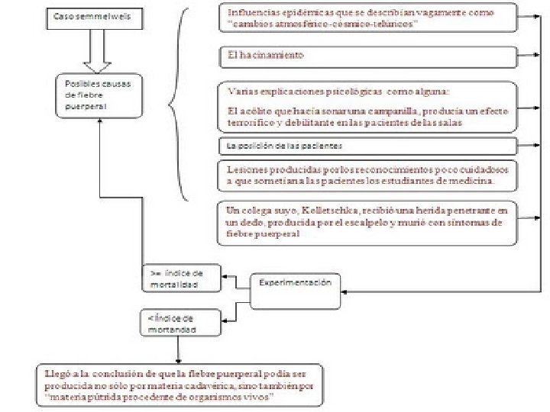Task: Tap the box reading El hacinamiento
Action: coord(367,56)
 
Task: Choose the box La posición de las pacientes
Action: coord(367,146)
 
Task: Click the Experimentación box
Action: coord(294,289)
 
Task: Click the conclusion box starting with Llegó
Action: coord(180,385)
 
